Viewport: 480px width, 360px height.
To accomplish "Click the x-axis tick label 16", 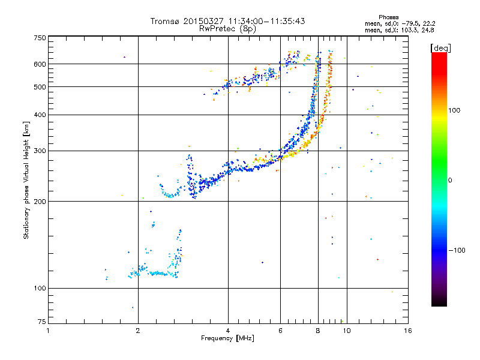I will [x=407, y=331].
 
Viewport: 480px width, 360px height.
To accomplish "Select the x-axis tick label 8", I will [x=318, y=331].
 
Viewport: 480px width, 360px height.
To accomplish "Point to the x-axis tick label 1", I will [x=48, y=331].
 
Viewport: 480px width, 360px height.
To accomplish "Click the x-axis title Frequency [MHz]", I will [x=227, y=338].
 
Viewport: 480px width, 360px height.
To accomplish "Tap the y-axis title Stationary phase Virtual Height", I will [x=26, y=180].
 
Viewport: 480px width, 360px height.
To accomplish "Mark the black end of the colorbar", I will [x=439, y=303].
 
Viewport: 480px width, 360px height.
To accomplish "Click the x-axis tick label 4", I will [x=228, y=331].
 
